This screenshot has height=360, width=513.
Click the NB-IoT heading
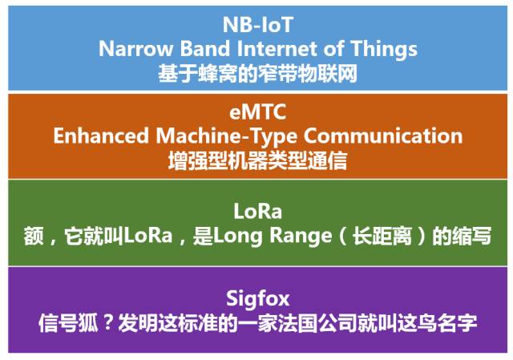click(258, 25)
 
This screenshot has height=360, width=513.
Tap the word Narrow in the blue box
click(135, 49)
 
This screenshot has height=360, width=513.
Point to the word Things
click(384, 50)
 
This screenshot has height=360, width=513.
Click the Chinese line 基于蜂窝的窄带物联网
click(258, 73)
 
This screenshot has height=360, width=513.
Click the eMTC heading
click(258, 111)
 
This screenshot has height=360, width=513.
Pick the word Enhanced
click(101, 136)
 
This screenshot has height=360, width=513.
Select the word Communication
click(383, 136)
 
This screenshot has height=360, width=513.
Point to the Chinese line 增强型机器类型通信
click(258, 161)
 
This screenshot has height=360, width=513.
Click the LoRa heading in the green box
click(258, 212)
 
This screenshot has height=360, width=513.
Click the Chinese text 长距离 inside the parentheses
click(382, 236)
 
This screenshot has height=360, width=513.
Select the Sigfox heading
click(258, 299)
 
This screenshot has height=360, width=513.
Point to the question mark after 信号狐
click(107, 322)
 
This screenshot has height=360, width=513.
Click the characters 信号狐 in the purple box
click(68, 323)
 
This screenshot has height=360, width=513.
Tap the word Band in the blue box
click(205, 49)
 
